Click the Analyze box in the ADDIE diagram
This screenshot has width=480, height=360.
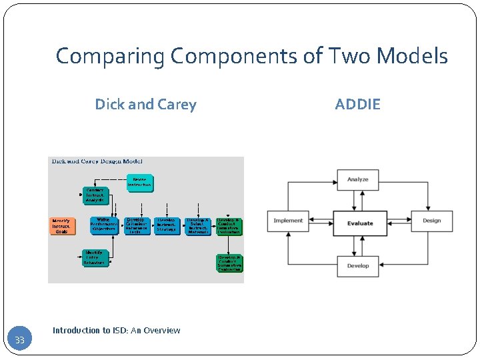pos(358,179)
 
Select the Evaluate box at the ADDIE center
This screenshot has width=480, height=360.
pos(360,223)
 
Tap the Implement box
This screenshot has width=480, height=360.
pos(288,221)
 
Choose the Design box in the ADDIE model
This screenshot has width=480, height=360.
pos(431,221)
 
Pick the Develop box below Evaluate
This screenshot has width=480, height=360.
pos(358,266)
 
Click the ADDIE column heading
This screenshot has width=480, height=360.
pos(357,104)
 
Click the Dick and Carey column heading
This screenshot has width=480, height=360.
pos(145,104)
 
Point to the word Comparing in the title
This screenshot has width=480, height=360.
pos(111,57)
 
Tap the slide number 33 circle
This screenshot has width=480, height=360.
pos(20,341)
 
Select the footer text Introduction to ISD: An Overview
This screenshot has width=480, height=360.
pos(116,330)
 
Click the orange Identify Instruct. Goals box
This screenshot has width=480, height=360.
pos(62,226)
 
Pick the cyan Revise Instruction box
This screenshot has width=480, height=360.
pos(139,182)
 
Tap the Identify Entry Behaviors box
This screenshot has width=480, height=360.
pos(94,258)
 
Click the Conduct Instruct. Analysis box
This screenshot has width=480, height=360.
pos(95,195)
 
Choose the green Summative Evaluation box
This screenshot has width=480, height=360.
pos(229,263)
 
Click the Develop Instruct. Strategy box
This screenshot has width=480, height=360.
pos(167,226)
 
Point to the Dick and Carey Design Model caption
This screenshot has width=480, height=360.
pos(97,161)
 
